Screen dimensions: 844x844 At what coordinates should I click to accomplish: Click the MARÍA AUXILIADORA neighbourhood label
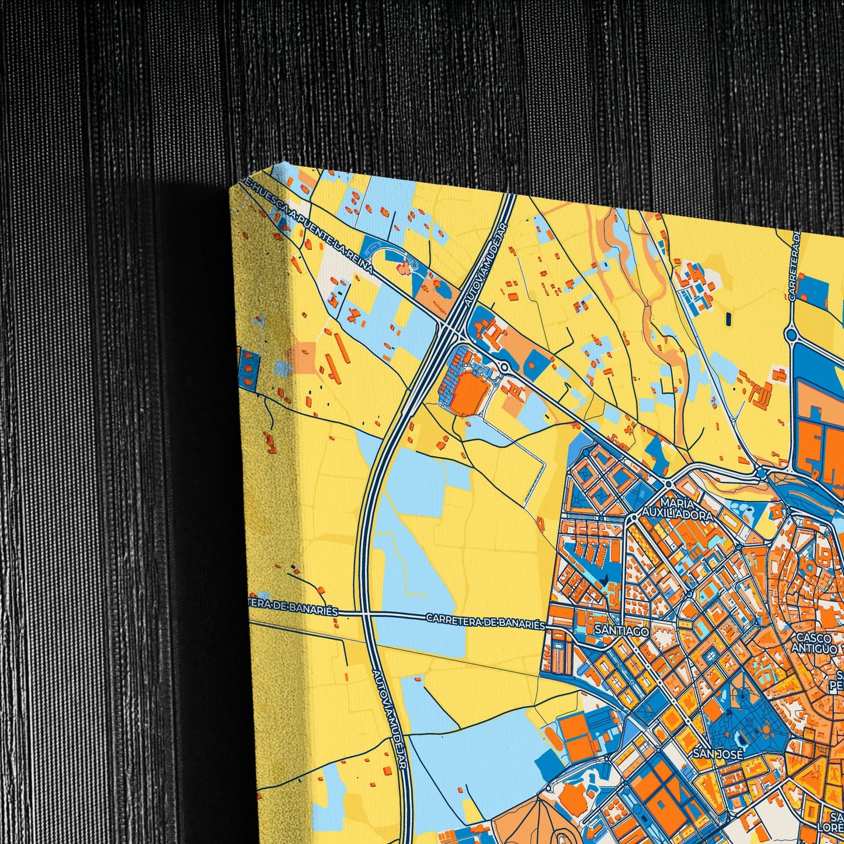coord(677,509)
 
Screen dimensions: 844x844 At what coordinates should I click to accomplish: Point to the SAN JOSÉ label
coord(718,754)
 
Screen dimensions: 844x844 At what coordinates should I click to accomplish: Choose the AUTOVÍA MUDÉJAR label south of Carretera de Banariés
coord(388,707)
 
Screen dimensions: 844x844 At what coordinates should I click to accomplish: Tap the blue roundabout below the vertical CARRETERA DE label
coord(791,334)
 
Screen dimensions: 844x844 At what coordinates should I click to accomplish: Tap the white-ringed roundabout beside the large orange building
coord(503,367)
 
